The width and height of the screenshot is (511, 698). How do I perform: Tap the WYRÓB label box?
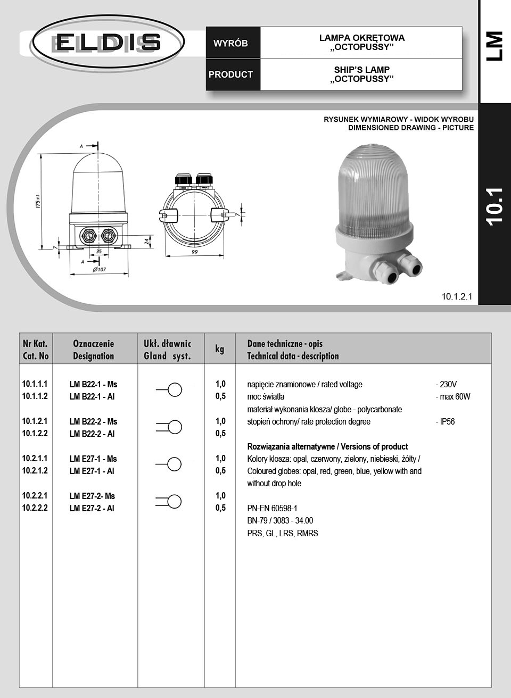230,43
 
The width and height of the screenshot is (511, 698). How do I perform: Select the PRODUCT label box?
230,74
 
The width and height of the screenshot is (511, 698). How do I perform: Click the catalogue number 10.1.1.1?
35,384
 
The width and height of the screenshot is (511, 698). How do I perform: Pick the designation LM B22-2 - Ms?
93,421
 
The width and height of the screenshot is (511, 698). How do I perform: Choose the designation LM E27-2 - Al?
92,508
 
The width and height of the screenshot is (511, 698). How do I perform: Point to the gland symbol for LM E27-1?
169,464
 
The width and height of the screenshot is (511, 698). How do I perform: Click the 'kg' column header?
220,349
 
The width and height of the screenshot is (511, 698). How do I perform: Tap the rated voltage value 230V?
446,384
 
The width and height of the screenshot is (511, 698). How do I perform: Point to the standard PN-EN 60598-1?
272,508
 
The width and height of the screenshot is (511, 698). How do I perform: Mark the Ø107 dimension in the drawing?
99,269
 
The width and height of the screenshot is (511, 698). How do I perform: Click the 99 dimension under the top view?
195,252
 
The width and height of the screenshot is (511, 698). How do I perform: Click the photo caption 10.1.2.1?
457,297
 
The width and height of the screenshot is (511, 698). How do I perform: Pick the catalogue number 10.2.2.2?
35,508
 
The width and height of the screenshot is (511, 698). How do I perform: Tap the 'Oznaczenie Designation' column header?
94,349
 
